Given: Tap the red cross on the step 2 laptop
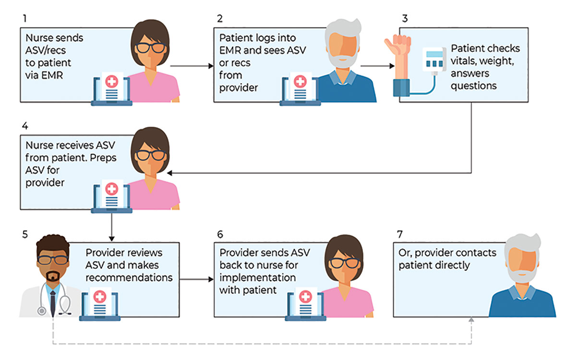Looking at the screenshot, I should click(300, 82).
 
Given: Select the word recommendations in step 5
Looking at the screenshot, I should click(129, 277).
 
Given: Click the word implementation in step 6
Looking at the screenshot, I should click(257, 278).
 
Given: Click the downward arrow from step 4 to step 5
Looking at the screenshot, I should click(111, 226).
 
